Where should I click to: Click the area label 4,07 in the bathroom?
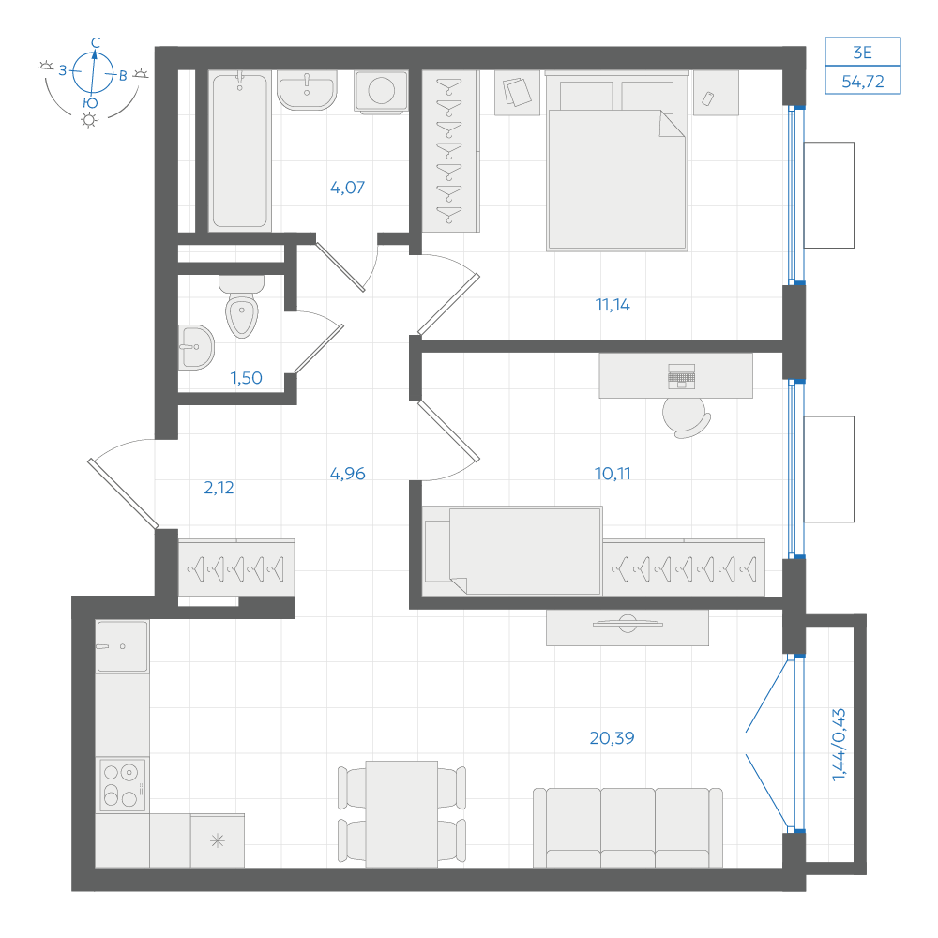pyautogui.click(x=347, y=188)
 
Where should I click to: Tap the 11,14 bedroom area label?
pyautogui.click(x=613, y=305)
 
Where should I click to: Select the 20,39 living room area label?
pyautogui.click(x=612, y=738)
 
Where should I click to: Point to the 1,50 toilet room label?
pyautogui.click(x=247, y=378)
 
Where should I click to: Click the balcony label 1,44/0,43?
pyautogui.click(x=840, y=745)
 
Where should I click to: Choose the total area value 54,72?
pyautogui.click(x=863, y=82)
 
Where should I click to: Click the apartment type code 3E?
pyautogui.click(x=863, y=53)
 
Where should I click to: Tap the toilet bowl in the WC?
pyautogui.click(x=242, y=307)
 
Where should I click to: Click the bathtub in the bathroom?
pyautogui.click(x=240, y=151)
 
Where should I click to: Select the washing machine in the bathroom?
pyautogui.click(x=381, y=92)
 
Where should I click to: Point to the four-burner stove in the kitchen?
pyautogui.click(x=122, y=785)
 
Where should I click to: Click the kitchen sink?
pyautogui.click(x=122, y=646)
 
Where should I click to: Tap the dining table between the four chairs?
pyautogui.click(x=401, y=814)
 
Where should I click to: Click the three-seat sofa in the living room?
pyautogui.click(x=628, y=828)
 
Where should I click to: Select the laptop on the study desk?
pyautogui.click(x=681, y=376)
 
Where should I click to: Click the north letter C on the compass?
pyautogui.click(x=96, y=42)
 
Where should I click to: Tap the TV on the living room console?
pyautogui.click(x=628, y=624)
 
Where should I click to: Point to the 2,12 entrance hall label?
pyautogui.click(x=219, y=488)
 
